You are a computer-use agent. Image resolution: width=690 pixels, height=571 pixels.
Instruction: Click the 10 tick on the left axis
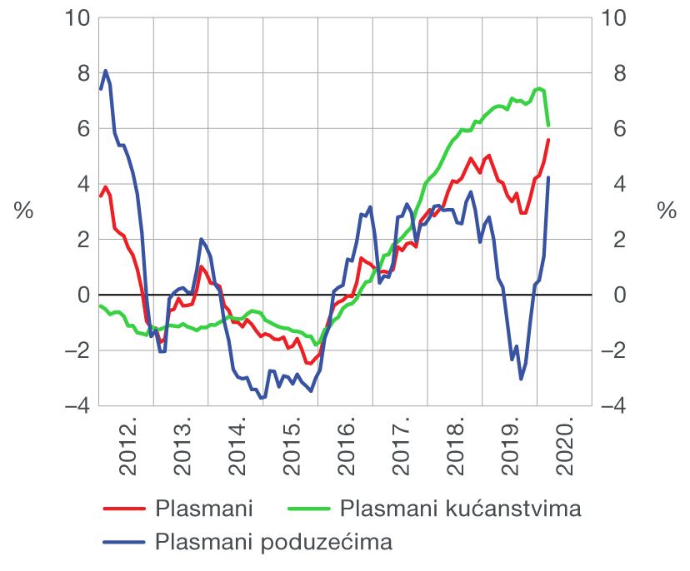[76, 17]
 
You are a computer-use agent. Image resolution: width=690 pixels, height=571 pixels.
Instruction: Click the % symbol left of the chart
[23, 211]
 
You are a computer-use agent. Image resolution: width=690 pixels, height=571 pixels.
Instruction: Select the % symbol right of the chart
[667, 211]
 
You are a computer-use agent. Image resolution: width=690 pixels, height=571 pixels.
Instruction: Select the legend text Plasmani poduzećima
[274, 543]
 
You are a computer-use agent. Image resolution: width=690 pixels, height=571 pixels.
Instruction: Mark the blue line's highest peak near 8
[106, 71]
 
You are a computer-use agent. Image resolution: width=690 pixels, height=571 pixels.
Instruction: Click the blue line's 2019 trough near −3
[521, 379]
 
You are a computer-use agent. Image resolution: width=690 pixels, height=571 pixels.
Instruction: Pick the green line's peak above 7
[539, 88]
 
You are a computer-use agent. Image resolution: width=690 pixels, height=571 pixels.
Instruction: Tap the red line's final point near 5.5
[548, 141]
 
